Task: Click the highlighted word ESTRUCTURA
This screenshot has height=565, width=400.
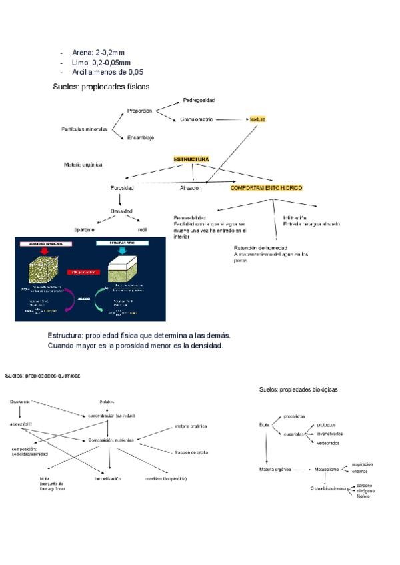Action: [x=191, y=159]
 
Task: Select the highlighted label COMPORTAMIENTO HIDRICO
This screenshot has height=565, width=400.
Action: [x=266, y=189]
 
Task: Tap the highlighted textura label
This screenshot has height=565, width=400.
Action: [x=257, y=119]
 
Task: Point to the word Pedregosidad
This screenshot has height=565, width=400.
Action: [x=199, y=100]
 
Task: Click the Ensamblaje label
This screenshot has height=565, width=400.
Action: [x=141, y=138]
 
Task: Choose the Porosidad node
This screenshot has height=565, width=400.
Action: [x=122, y=189]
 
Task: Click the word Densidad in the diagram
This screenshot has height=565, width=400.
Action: [x=122, y=211]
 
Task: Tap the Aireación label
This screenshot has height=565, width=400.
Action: [x=191, y=189]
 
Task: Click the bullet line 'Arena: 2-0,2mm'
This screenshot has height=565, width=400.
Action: [x=101, y=52]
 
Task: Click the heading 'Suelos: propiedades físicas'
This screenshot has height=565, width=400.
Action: [x=101, y=87]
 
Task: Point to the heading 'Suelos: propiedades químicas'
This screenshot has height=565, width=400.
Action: [x=43, y=376]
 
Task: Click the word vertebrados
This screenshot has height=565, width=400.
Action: [x=327, y=443]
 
